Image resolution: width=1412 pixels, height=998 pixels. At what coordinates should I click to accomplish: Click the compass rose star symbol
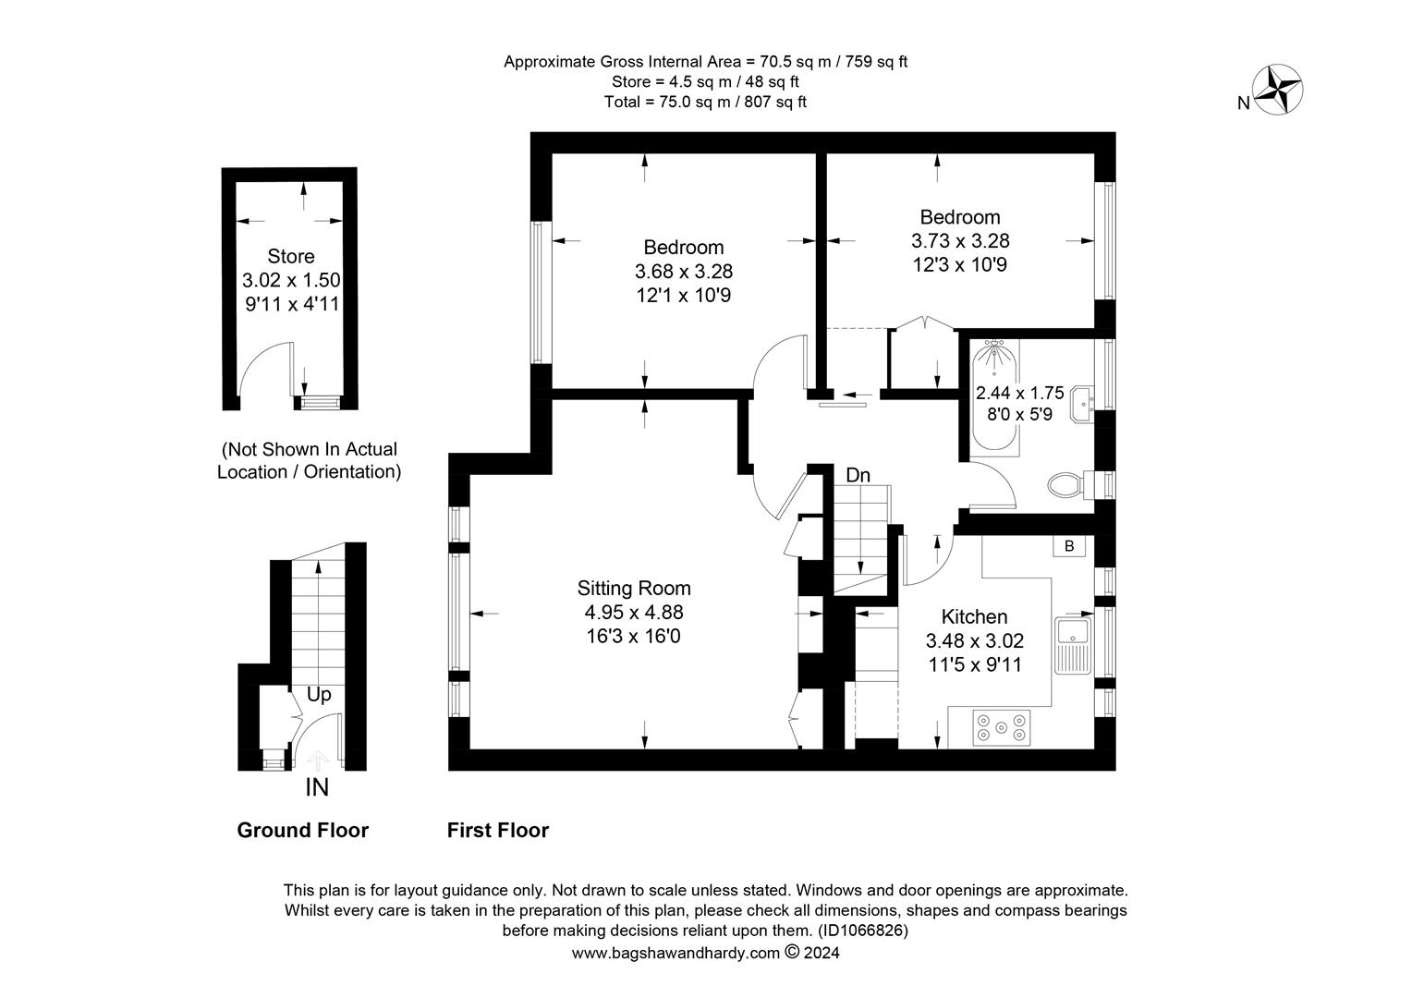pos(1277,91)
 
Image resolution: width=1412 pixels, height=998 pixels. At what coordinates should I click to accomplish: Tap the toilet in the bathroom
pos(1072,485)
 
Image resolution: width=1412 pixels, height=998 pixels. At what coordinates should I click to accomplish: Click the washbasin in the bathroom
pos(1082,404)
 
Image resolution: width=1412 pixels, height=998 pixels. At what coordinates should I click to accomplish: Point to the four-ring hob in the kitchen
pos(1001,727)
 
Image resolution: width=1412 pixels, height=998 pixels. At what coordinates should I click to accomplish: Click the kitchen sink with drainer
pos(1073,646)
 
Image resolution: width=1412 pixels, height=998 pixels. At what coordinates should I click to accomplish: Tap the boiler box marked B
pos(1069,546)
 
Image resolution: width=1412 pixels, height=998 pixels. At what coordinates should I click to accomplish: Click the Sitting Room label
pos(634,589)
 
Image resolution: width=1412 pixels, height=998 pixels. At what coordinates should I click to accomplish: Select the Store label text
pos(290,256)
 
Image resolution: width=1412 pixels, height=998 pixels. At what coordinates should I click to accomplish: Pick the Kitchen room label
pos(974,616)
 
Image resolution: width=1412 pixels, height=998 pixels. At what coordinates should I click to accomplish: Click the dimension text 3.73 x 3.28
pos(960,241)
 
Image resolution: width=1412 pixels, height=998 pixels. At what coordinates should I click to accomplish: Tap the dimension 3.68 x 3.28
pos(683,271)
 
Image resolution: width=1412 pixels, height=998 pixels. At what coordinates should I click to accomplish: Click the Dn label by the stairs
pos(858,475)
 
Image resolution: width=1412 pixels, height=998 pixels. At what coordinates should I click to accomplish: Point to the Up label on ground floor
pos(318,695)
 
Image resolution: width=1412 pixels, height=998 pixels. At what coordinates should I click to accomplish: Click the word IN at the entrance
pos(317,787)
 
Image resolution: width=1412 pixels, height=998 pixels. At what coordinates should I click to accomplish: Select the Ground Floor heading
pos(302,831)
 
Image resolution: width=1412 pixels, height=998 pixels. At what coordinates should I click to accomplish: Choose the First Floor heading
pos(498,831)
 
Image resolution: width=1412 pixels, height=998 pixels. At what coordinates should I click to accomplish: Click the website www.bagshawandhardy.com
pos(676,953)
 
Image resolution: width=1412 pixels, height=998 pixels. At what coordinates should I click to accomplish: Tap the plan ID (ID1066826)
pos(863,931)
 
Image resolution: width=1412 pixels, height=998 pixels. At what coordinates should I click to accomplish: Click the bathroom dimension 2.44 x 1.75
pos(1020,394)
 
